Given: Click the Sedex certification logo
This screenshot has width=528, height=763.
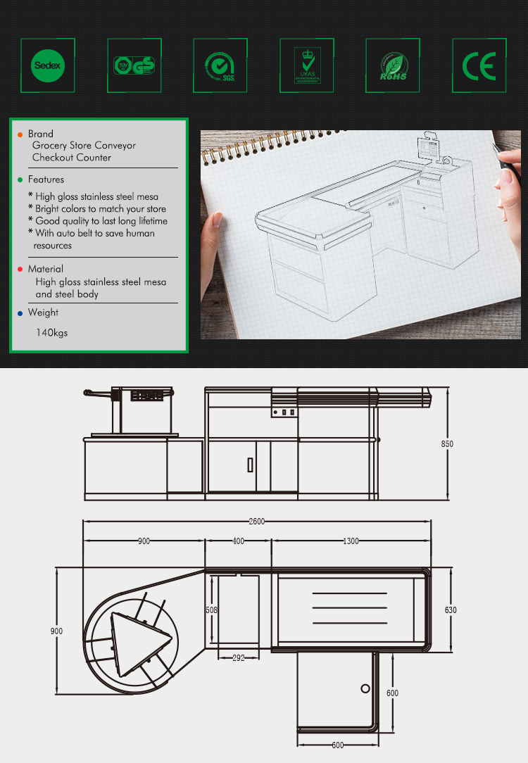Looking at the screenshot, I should coord(48,65).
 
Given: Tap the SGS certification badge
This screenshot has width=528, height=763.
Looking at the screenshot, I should coord(220,65).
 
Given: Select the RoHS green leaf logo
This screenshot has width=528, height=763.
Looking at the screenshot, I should coord(393,65).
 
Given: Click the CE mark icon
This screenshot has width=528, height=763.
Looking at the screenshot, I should coord(479,65).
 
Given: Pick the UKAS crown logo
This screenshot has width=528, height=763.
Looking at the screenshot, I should coord(307,65).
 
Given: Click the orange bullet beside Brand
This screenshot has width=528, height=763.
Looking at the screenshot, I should coord(20,134).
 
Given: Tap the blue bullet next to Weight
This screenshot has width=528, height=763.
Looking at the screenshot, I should coord(20,313).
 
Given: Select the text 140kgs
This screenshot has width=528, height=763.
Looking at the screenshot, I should coord(52,332).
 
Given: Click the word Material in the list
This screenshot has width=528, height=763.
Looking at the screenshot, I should coord(46,269).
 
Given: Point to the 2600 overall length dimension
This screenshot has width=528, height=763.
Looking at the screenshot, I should coord(256,521).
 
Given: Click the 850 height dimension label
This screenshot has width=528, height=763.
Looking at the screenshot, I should coord(447,444).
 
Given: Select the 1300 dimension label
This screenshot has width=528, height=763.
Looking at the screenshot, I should coord(351,541).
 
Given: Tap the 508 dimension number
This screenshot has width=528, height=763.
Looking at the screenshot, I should coord(211,610).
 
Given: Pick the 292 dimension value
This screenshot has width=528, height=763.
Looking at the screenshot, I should coord(238,658).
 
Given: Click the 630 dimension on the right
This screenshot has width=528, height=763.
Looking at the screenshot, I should coord(451,610).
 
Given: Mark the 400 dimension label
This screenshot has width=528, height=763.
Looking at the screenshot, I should coord(238,541).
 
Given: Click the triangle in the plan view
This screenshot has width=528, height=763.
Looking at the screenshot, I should coord(139,640).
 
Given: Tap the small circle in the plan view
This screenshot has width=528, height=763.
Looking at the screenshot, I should coord(365,688).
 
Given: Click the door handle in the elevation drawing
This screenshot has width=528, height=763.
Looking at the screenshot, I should coord(250,465).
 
